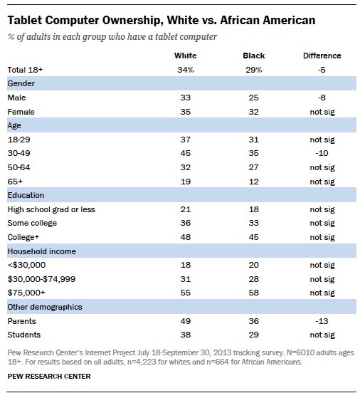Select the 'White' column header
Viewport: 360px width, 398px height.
click(x=185, y=56)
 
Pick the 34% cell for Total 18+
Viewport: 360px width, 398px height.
click(x=185, y=69)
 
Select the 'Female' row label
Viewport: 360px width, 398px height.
click(x=21, y=111)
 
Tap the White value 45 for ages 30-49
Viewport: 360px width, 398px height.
click(x=185, y=152)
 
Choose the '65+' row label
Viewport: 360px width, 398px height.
click(x=15, y=180)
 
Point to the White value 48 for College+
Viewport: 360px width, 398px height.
click(x=185, y=236)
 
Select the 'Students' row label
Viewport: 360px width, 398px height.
click(x=23, y=333)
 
